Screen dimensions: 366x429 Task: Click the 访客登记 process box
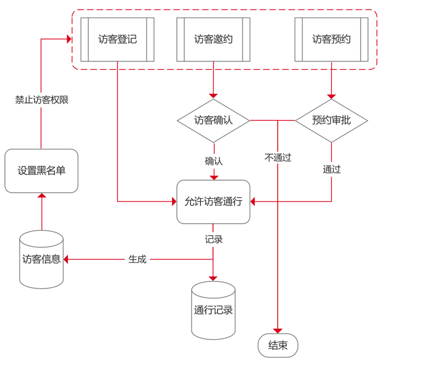pos(117,39)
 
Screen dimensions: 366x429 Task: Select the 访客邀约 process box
pos(213,39)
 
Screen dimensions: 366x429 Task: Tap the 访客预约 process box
pos(331,39)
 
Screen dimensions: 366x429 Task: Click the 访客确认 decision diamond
pos(213,120)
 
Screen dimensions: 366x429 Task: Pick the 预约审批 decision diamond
pos(331,120)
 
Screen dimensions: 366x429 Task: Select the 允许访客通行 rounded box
pos(213,201)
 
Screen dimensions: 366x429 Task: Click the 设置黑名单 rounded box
pos(41,170)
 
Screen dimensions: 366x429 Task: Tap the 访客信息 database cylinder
pos(41,259)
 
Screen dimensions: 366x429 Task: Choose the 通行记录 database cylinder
pos(213,310)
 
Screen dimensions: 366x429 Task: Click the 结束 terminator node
pos(278,345)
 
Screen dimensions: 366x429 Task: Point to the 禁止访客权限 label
pos(41,100)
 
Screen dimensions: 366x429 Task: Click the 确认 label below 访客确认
pos(213,161)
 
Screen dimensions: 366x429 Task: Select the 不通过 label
pos(278,158)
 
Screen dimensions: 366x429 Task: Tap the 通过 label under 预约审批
pos(331,169)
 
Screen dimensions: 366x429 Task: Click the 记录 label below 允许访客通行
pos(213,239)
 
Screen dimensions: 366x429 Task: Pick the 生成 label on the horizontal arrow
pos(137,259)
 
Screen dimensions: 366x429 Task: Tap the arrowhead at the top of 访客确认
pos(213,95)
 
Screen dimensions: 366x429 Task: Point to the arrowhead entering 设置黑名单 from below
pos(41,195)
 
